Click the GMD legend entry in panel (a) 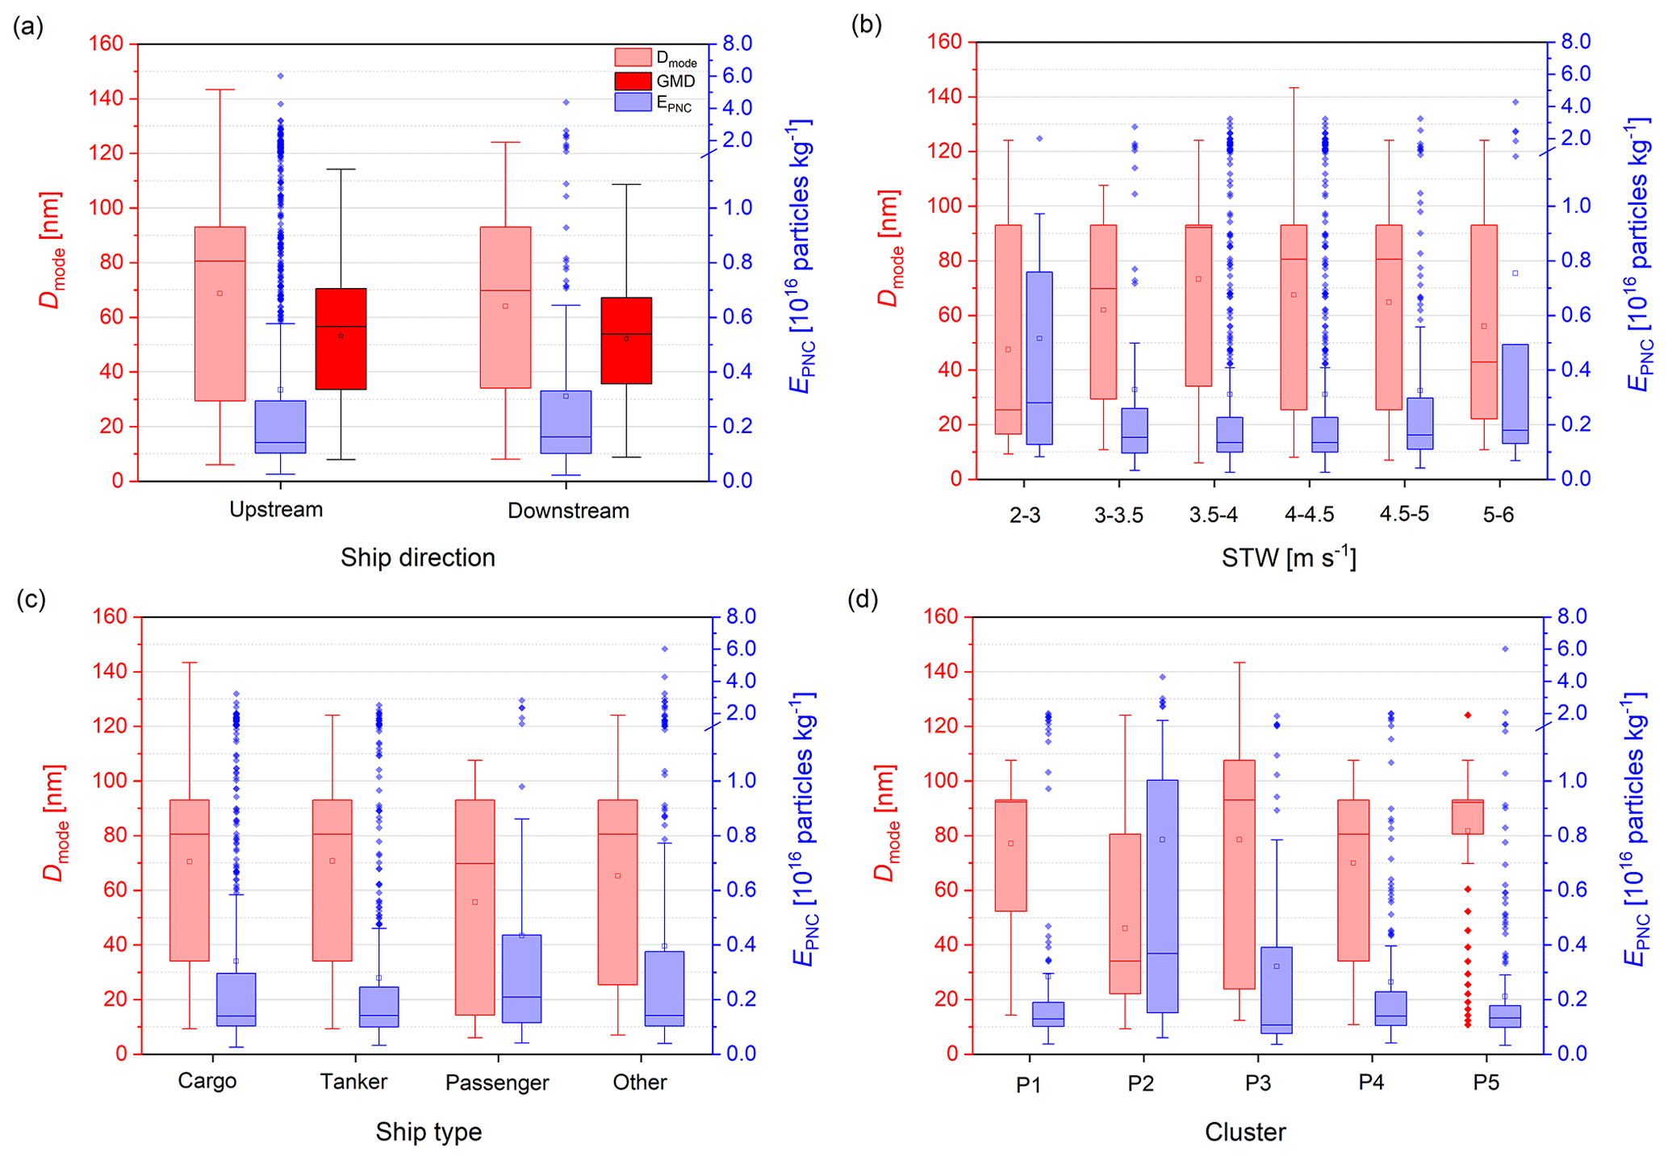click(654, 81)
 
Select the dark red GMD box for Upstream click(341, 339)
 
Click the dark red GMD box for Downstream click(626, 340)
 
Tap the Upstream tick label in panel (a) click(276, 510)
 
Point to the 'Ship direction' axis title click(417, 557)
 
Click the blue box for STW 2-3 click(1039, 357)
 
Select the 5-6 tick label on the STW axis click(1498, 515)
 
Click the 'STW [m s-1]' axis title click(1289, 557)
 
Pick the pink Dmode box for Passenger click(474, 907)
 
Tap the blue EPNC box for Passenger click(521, 978)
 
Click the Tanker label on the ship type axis click(353, 1082)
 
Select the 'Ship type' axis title click(428, 1132)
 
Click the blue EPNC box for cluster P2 click(1162, 895)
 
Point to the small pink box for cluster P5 click(1467, 817)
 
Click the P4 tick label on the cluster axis click(1371, 1083)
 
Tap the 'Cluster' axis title click(1245, 1132)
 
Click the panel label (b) click(866, 25)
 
